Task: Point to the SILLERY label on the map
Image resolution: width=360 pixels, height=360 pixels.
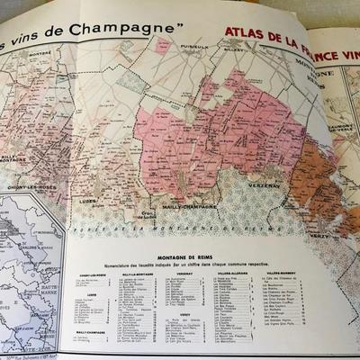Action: point(231,53)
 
